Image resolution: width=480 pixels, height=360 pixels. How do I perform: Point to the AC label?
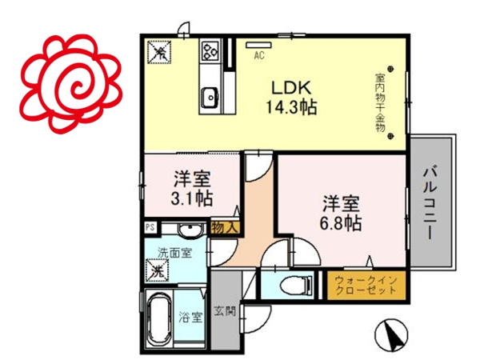click(x=259, y=56)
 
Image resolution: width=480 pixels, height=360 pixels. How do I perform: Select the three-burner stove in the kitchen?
click(x=210, y=52)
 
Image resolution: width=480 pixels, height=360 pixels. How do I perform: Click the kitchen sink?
click(x=212, y=97)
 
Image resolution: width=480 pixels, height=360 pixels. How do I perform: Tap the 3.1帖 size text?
click(x=192, y=195)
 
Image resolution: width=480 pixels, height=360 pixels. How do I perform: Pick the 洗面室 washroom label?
click(x=174, y=253)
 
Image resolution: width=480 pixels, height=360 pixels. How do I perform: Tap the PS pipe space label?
click(x=150, y=228)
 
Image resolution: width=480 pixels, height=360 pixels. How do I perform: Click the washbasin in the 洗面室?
click(x=190, y=230)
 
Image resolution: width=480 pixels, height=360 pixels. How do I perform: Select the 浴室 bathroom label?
click(x=195, y=314)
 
